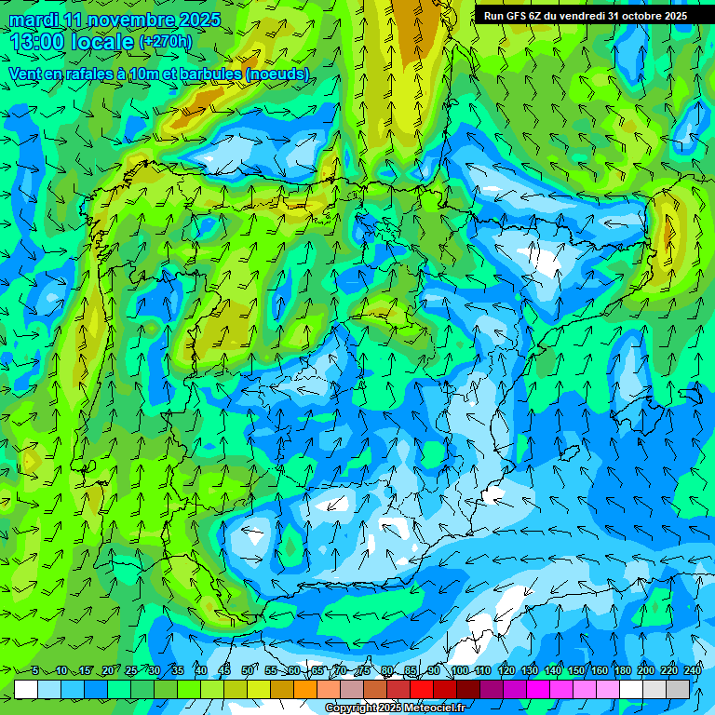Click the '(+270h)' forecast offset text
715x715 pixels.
165,42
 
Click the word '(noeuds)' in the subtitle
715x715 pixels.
278,74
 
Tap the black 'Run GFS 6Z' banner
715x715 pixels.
585,15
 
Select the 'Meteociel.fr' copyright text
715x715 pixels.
429,708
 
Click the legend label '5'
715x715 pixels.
35,670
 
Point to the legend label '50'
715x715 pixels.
248,670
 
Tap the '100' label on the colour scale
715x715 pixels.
459,670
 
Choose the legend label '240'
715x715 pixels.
693,670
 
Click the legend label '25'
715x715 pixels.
130,670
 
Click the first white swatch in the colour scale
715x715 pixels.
26,689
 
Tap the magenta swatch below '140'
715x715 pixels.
561,689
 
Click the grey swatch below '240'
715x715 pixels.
678,689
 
